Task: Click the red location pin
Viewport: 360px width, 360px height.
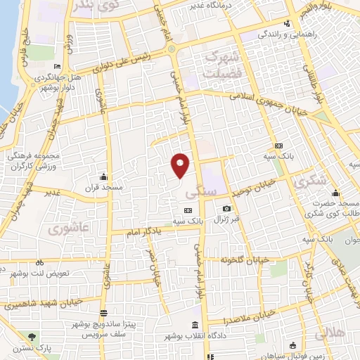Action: [180, 165]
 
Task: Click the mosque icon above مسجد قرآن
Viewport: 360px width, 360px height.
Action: [104, 176]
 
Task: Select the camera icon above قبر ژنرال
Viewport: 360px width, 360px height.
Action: [226, 209]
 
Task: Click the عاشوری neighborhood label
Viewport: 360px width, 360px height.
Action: [67, 229]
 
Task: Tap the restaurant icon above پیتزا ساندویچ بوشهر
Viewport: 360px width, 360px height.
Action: [104, 313]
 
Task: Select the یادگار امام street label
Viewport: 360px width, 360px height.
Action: [153, 231]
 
